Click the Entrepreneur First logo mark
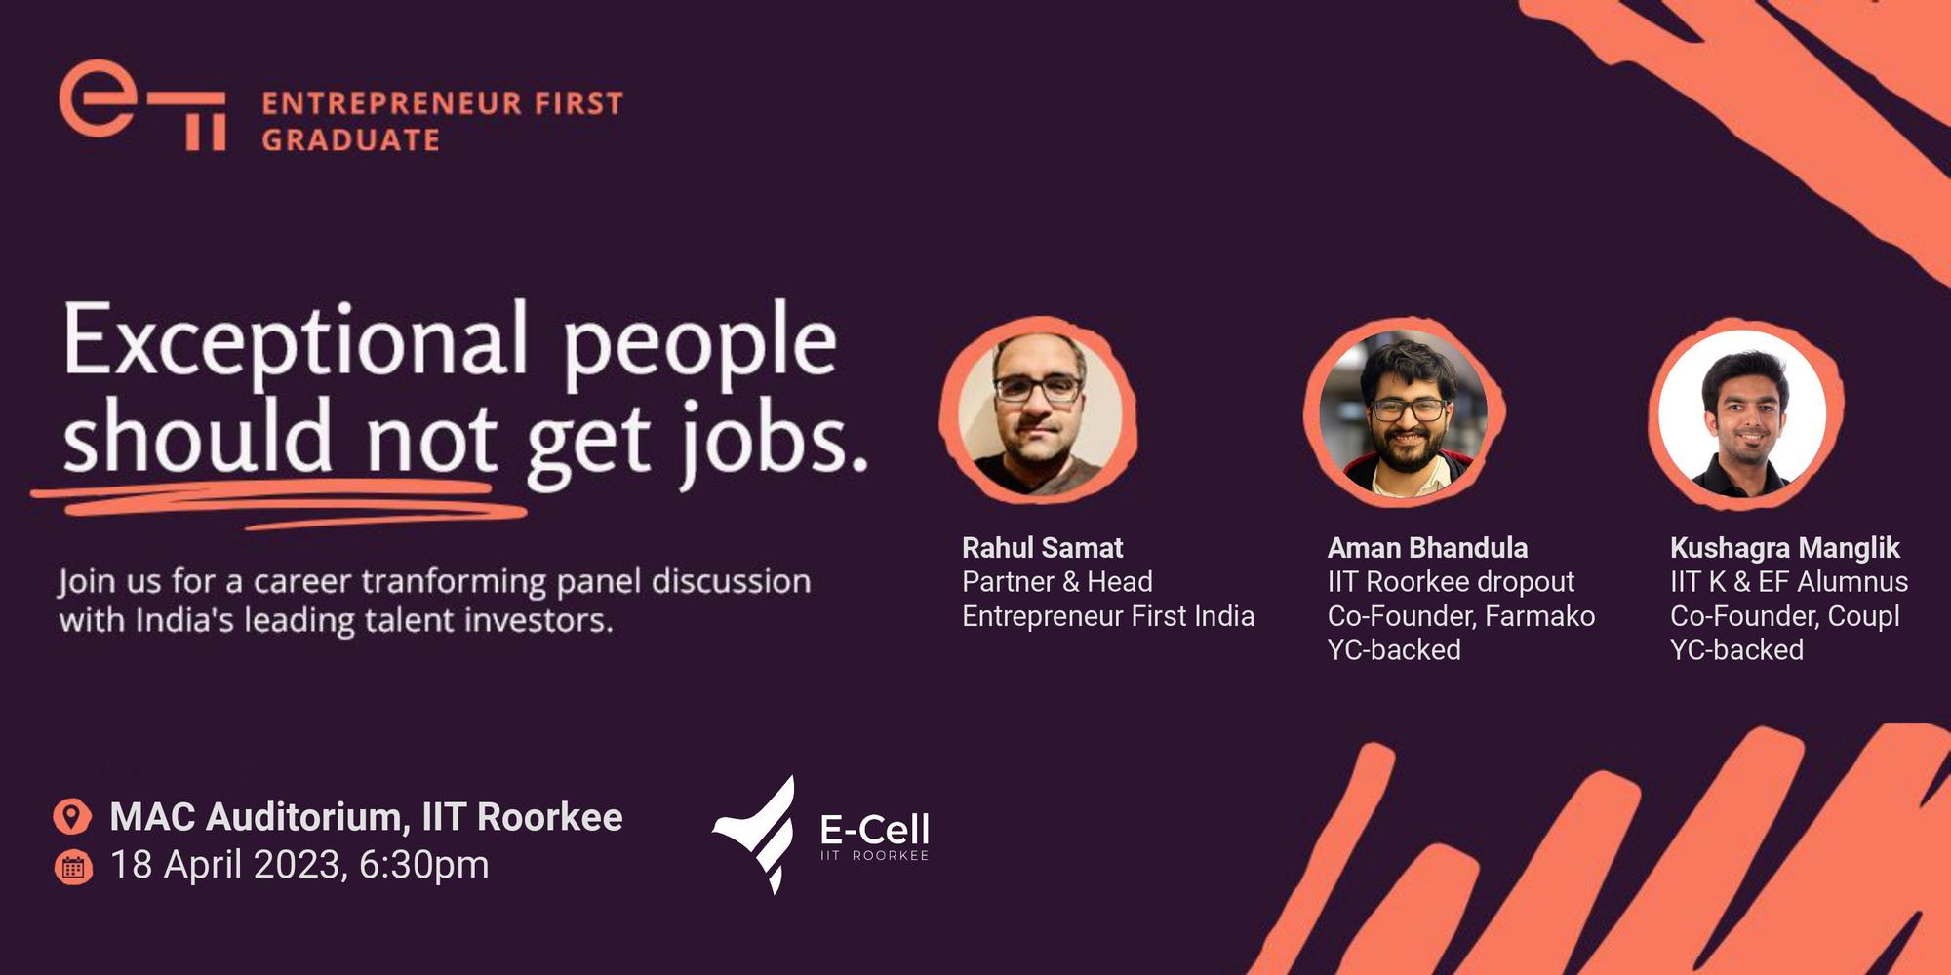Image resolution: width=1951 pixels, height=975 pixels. click(x=141, y=105)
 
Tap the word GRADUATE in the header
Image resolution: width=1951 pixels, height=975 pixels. click(x=351, y=140)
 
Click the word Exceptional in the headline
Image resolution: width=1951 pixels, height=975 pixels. click(x=295, y=340)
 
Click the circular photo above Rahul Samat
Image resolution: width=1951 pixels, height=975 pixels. click(x=1040, y=409)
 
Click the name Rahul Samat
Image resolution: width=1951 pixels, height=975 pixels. click(x=1042, y=548)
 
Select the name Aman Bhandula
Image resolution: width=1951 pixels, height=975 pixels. click(x=1427, y=548)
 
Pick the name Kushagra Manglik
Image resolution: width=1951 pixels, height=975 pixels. click(x=1784, y=548)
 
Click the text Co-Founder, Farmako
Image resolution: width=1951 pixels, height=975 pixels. click(x=1460, y=616)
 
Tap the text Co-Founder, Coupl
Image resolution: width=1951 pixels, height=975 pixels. click(x=1784, y=616)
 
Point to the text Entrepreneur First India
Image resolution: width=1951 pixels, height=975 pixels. click(x=1107, y=616)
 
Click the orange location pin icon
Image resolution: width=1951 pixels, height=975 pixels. click(x=72, y=816)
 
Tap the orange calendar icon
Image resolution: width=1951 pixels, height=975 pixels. click(x=73, y=867)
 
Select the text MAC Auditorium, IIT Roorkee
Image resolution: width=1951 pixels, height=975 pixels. click(x=366, y=817)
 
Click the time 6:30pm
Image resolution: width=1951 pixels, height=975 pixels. click(x=423, y=865)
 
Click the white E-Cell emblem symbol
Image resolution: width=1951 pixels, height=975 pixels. click(x=759, y=835)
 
